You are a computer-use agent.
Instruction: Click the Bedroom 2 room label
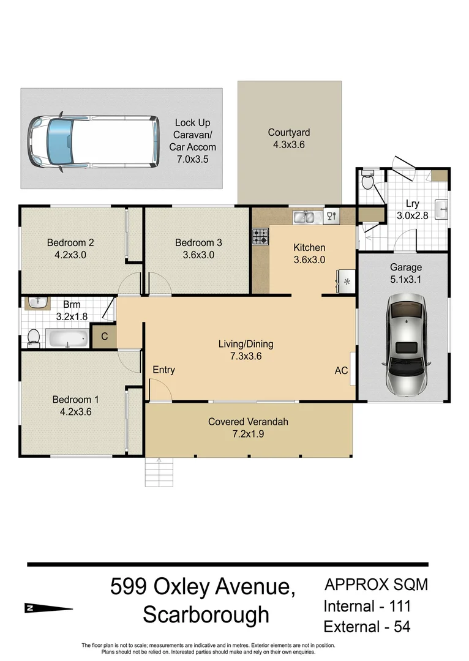pyautogui.click(x=70, y=242)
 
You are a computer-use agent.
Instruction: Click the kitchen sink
pyautogui.click(x=304, y=216)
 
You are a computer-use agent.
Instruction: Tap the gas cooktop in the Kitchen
pyautogui.click(x=260, y=237)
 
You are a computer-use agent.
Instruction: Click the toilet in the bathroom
pyautogui.click(x=34, y=337)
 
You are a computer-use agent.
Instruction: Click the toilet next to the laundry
pyautogui.click(x=367, y=181)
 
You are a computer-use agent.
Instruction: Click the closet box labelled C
pyautogui.click(x=104, y=336)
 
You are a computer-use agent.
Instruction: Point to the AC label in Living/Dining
pyautogui.click(x=341, y=370)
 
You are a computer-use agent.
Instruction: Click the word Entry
pyautogui.click(x=163, y=370)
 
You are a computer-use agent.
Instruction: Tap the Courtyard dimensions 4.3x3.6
pyautogui.click(x=289, y=145)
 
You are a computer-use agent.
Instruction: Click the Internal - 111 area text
pyautogui.click(x=367, y=606)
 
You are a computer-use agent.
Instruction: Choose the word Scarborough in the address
pyautogui.click(x=206, y=614)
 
